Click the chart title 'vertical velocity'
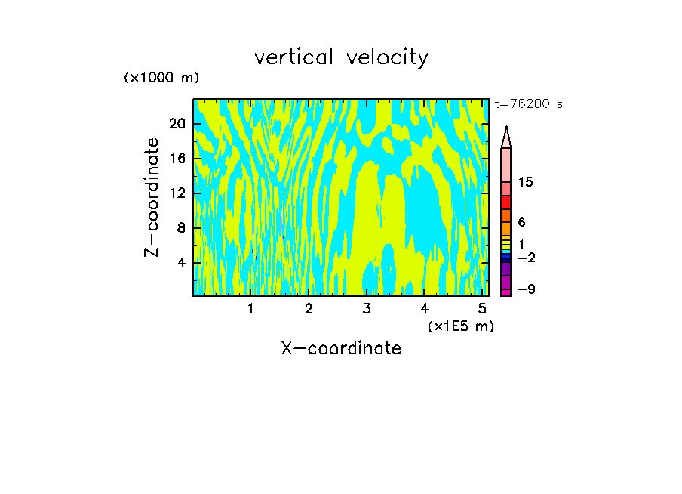(x=341, y=57)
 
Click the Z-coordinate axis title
(x=152, y=197)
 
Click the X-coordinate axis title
(x=341, y=348)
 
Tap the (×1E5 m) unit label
(x=460, y=326)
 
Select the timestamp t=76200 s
(x=528, y=104)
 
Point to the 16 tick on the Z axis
(x=178, y=158)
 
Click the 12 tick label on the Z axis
(x=178, y=193)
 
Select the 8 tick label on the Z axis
(x=182, y=227)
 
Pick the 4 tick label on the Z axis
(x=182, y=262)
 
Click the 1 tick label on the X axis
(x=250, y=309)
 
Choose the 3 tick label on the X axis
(x=366, y=309)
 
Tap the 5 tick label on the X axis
(x=481, y=309)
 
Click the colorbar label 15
(x=526, y=183)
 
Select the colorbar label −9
(x=526, y=290)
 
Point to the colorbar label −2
(x=526, y=258)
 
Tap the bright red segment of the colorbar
(x=506, y=202)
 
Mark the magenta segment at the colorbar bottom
(x=506, y=292)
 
